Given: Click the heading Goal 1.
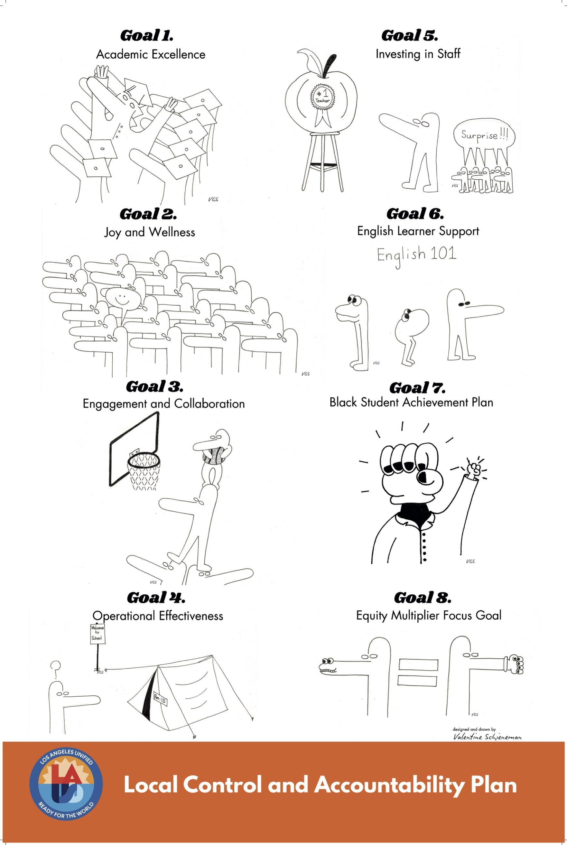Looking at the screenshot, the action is [x=147, y=35].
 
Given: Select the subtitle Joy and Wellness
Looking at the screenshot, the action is [x=149, y=232].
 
